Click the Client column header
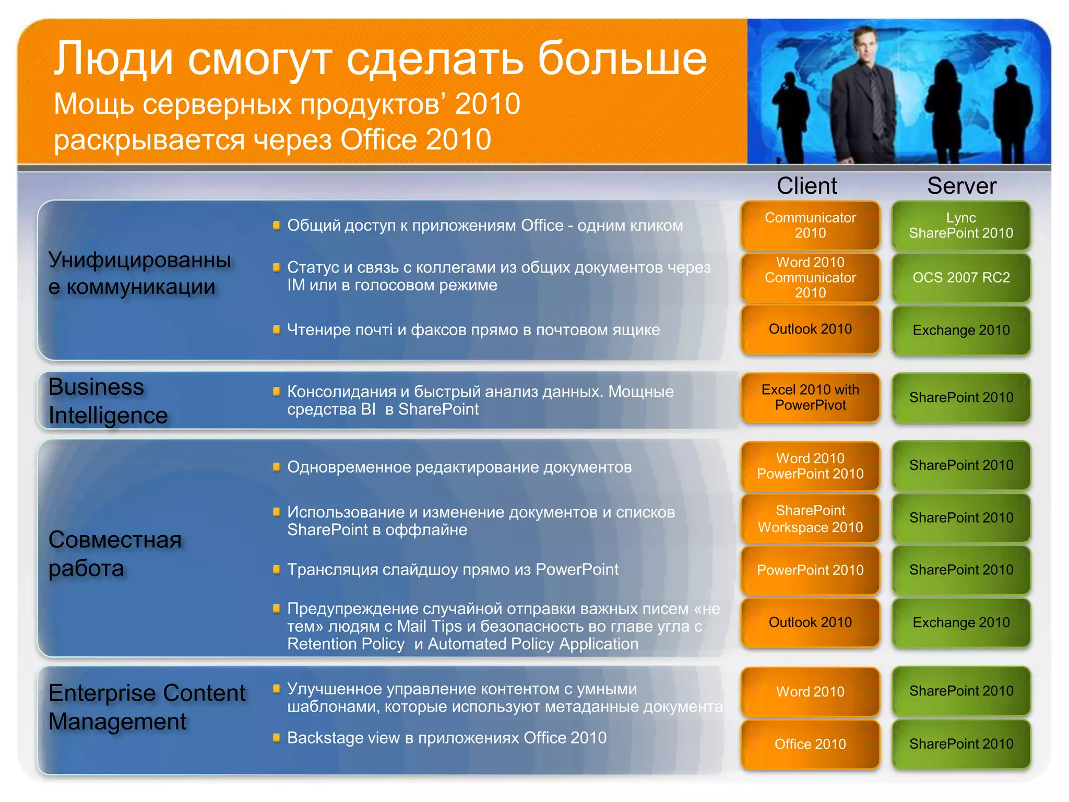click(x=806, y=186)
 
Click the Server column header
click(x=961, y=186)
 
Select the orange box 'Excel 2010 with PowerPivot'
click(x=810, y=397)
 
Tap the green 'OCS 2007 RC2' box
click(x=961, y=278)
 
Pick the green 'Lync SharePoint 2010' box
click(x=961, y=226)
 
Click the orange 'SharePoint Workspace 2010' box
click(x=810, y=518)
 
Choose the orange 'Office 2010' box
click(x=810, y=744)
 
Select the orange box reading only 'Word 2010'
click(x=810, y=692)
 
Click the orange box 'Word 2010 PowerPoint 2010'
click(x=810, y=466)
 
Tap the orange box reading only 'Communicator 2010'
click(x=810, y=226)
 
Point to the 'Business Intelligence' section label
click(x=108, y=401)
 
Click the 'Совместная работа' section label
click(x=115, y=553)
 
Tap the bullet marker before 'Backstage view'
click(x=277, y=737)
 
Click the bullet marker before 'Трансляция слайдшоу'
click(x=277, y=569)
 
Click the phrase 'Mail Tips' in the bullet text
click(x=429, y=626)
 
